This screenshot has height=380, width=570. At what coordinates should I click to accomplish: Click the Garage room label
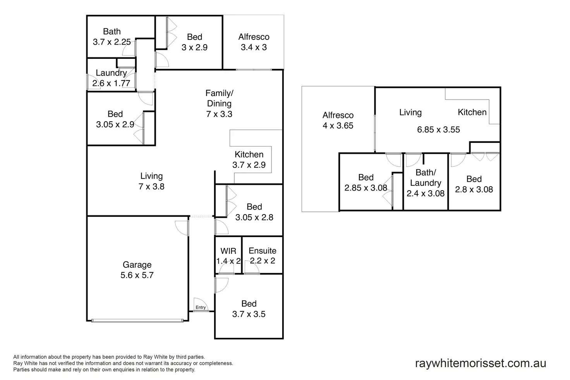(x=137, y=265)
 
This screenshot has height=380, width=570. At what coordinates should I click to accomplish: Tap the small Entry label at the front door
(x=201, y=308)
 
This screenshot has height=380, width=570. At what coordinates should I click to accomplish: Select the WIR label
(x=228, y=251)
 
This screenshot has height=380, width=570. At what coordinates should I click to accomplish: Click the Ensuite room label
(x=263, y=251)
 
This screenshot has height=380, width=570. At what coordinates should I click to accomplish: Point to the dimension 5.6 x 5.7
(x=137, y=275)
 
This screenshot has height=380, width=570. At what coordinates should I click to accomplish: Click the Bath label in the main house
(x=112, y=32)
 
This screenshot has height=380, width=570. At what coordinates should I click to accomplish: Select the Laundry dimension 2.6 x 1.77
(x=111, y=83)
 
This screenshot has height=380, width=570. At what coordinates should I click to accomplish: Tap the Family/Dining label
(x=219, y=98)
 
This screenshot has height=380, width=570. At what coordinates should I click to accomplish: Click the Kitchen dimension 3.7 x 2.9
(x=249, y=165)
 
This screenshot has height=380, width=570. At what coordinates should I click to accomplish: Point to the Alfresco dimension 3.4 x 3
(x=254, y=47)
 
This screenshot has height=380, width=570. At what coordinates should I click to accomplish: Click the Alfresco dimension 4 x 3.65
(x=338, y=126)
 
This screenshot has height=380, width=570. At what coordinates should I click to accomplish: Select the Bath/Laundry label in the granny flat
(x=426, y=178)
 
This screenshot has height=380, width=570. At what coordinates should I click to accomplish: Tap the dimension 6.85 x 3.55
(x=438, y=130)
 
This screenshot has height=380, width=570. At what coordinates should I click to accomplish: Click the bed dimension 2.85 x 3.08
(x=366, y=188)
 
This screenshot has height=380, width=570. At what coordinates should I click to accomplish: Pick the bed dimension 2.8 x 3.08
(x=474, y=189)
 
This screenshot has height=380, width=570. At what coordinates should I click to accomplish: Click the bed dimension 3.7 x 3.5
(x=249, y=314)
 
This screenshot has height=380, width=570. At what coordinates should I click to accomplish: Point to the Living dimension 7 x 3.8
(x=151, y=187)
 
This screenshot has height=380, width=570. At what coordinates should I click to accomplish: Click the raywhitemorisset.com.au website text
(x=481, y=363)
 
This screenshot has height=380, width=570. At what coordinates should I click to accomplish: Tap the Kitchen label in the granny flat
(x=472, y=112)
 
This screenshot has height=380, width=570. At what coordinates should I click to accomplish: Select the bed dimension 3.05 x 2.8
(x=254, y=217)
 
